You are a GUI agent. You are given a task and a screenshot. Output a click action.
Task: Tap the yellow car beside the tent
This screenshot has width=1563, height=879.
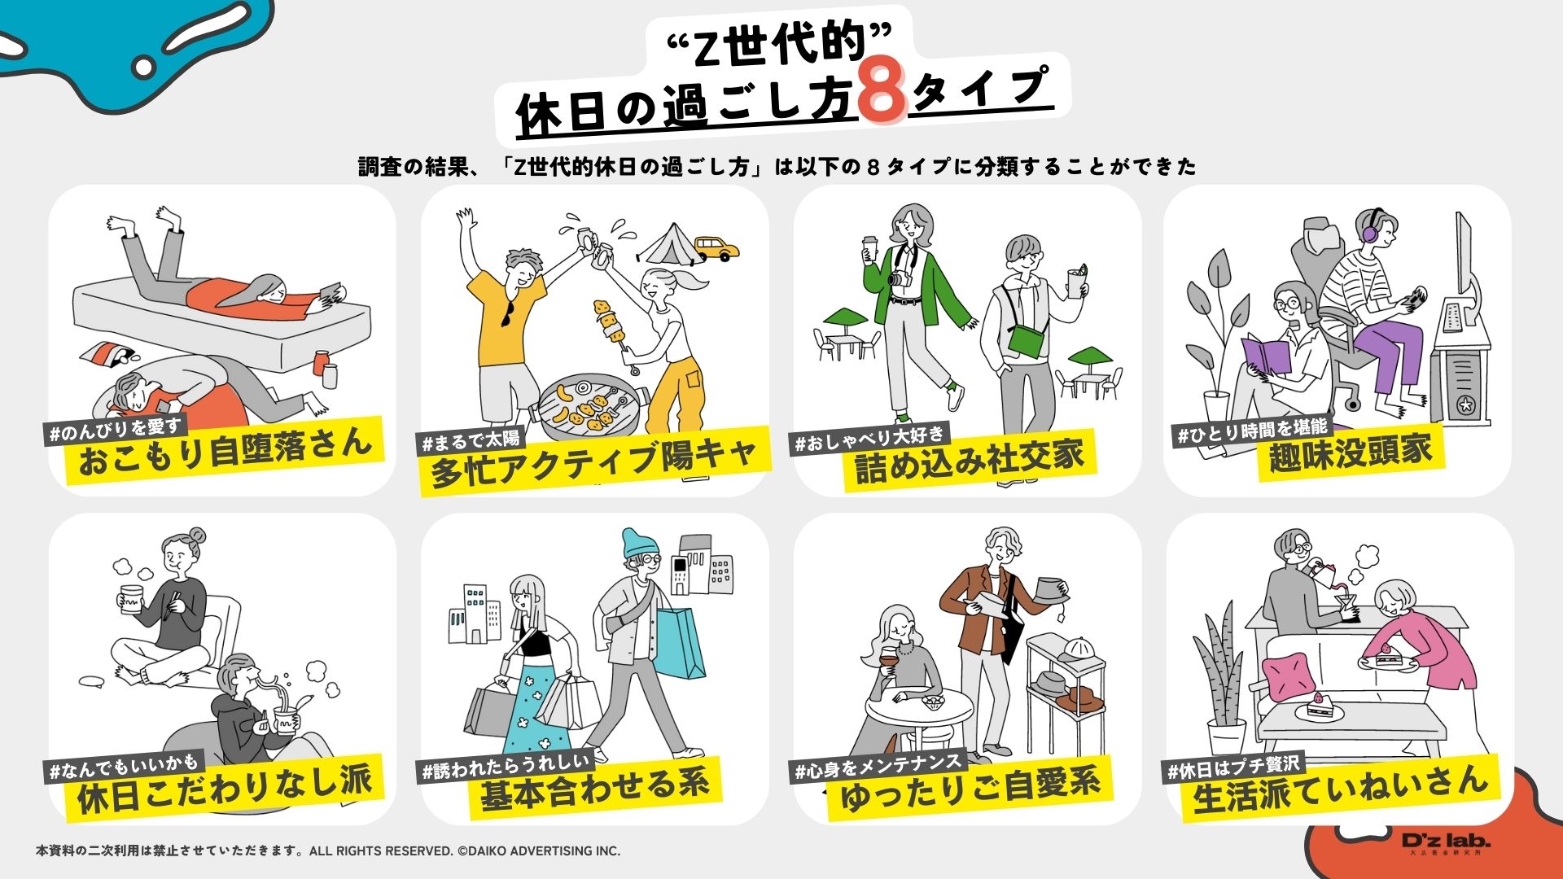click(x=716, y=247)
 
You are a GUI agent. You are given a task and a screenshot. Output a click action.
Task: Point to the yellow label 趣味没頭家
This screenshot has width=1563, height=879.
click(x=1350, y=453)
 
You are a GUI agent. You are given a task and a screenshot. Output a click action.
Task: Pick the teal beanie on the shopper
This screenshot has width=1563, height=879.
click(x=638, y=544)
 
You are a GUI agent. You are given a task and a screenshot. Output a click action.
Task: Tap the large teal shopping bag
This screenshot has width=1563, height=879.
click(x=680, y=643)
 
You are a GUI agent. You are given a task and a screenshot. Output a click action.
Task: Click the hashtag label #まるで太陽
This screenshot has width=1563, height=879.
click(x=471, y=441)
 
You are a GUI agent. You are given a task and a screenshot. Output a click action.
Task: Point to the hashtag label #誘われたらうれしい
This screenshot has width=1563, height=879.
click(x=506, y=767)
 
